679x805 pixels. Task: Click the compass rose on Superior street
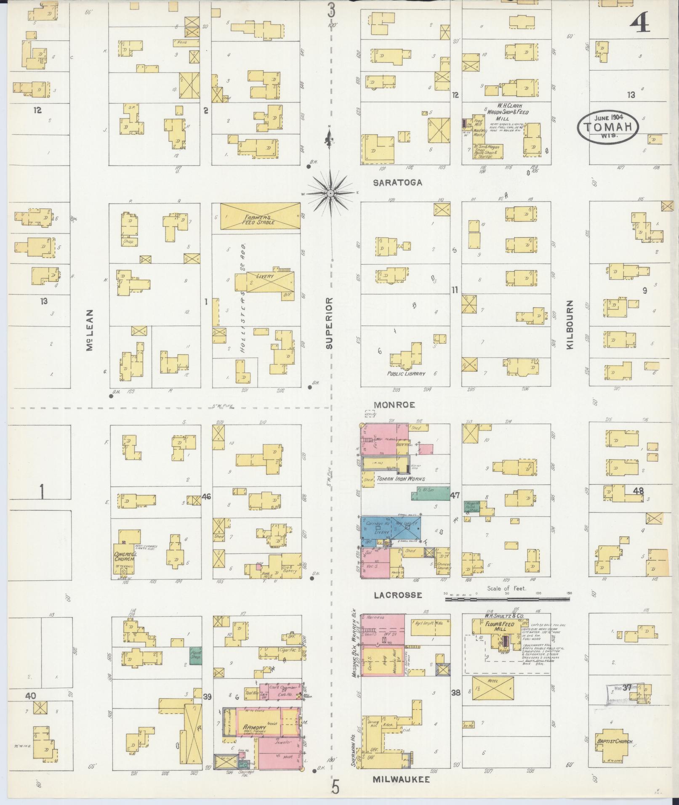(x=330, y=193)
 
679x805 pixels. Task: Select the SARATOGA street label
(x=397, y=183)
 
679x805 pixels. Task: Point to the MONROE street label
(x=394, y=405)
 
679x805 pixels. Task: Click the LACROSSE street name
(x=397, y=595)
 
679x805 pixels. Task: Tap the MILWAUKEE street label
(x=401, y=779)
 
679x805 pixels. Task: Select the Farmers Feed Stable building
(x=260, y=217)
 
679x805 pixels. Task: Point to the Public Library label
(x=406, y=374)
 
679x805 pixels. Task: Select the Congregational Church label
(x=124, y=556)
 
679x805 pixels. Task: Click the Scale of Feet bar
(x=507, y=594)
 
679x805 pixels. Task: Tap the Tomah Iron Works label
(x=400, y=478)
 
